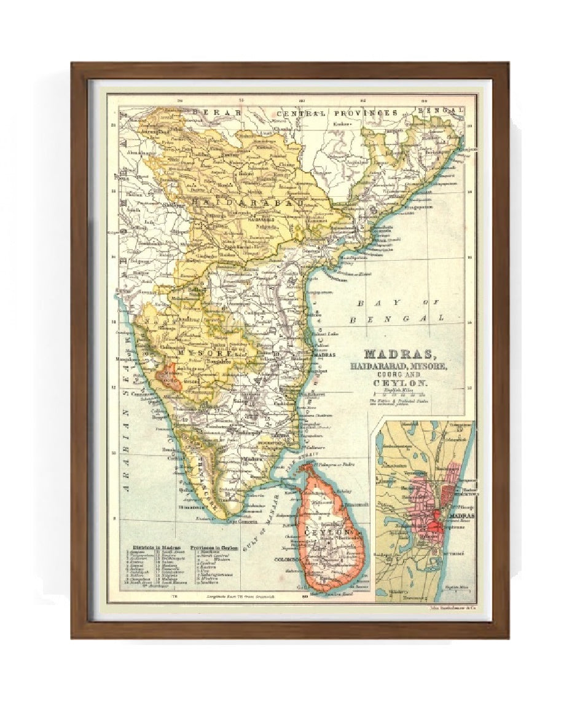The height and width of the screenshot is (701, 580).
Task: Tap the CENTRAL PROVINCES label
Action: (337, 113)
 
